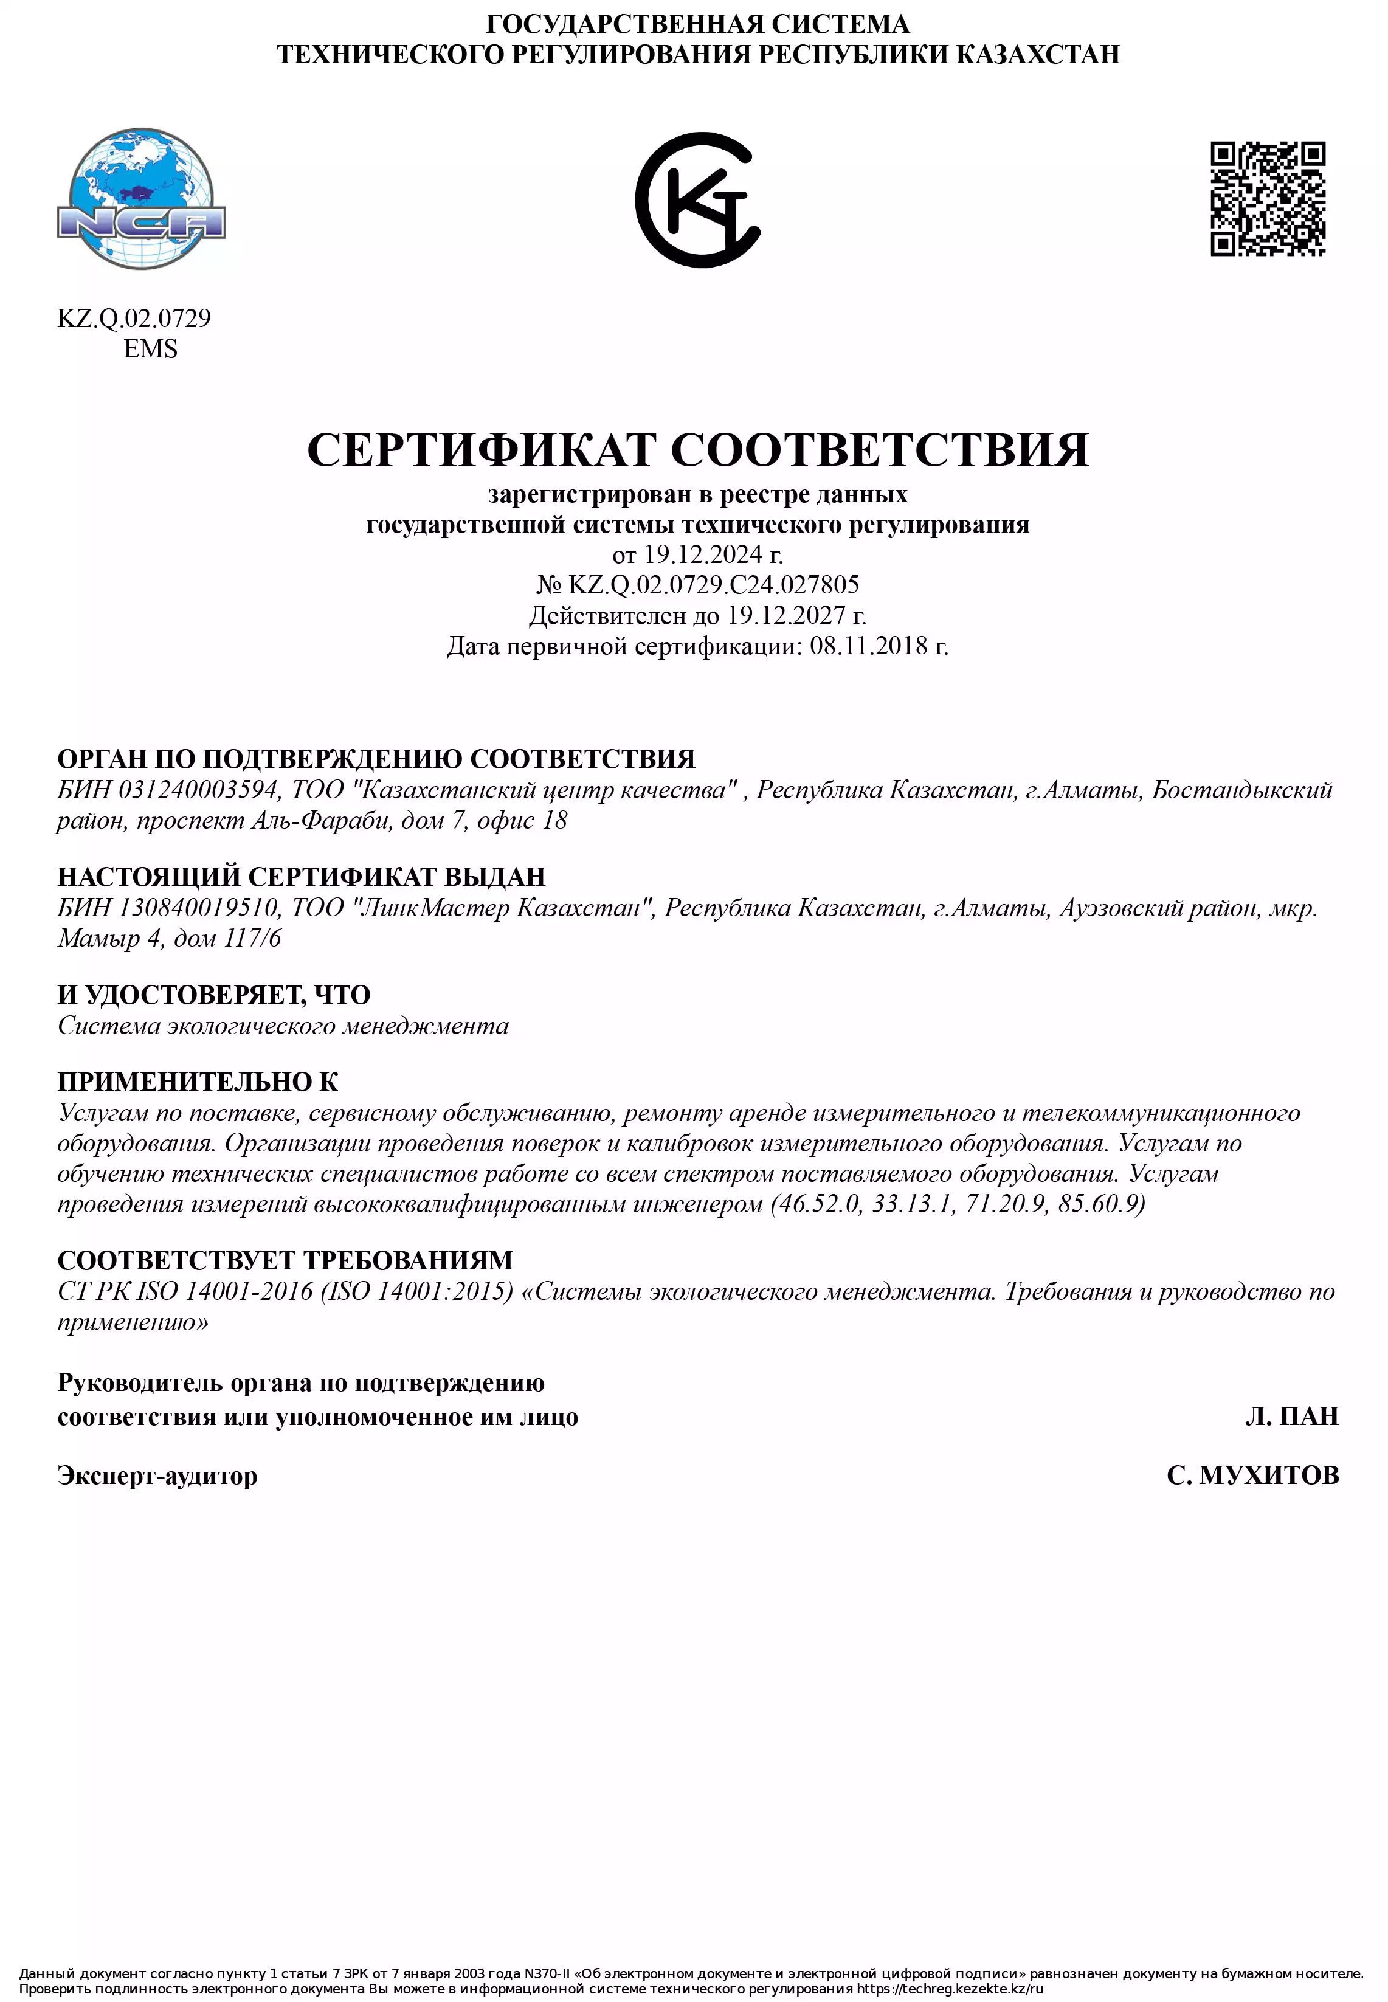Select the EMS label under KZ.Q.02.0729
click(150, 349)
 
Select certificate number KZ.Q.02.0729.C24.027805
click(713, 584)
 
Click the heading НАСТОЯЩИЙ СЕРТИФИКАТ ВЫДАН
click(301, 877)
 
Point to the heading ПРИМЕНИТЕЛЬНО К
click(198, 1082)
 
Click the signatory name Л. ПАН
click(1291, 1417)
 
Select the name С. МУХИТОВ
click(1252, 1476)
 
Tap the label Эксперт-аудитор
click(157, 1476)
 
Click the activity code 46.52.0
click(818, 1204)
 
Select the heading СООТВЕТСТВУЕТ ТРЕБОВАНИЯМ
click(285, 1260)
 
